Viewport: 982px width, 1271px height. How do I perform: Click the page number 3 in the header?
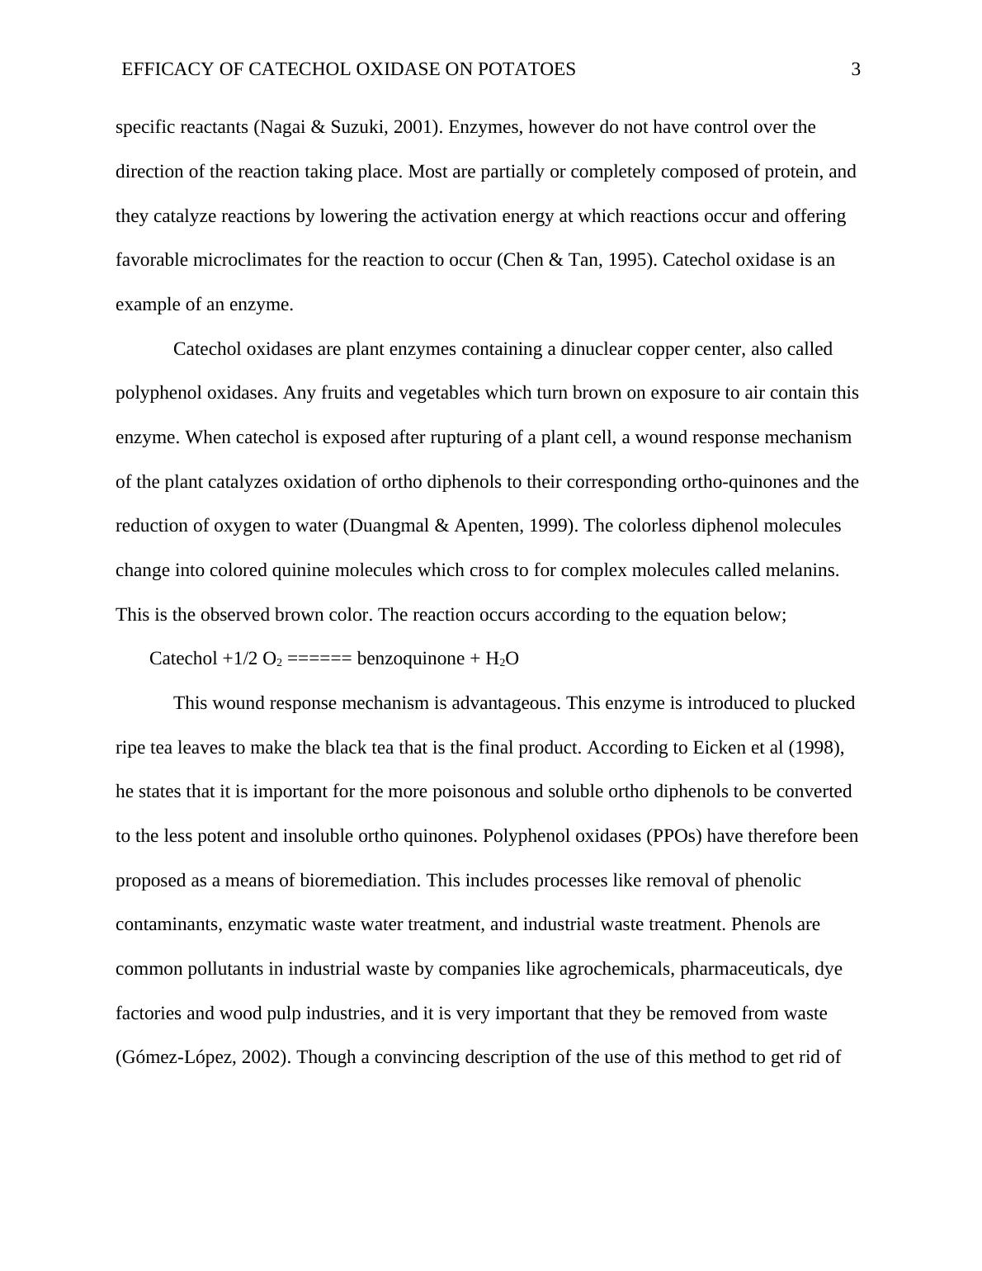[856, 69]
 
